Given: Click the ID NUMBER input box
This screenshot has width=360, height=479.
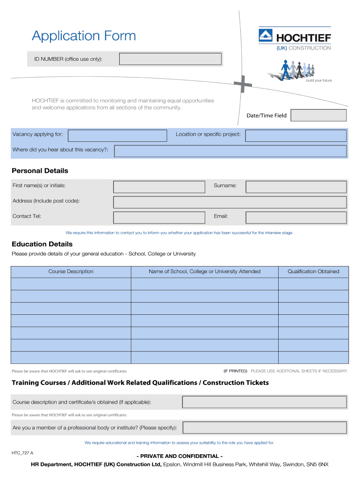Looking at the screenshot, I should (x=170, y=59).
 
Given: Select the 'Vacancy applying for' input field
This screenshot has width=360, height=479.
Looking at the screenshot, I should (x=117, y=136).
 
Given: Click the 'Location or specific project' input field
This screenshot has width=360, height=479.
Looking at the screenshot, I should (x=296, y=136).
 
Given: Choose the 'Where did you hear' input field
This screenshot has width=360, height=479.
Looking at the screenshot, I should (x=230, y=151).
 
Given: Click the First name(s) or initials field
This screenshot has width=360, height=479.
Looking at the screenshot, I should (x=159, y=187).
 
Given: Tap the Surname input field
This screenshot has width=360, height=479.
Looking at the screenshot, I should (x=296, y=187).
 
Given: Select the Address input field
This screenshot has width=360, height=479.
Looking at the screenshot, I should (x=230, y=203).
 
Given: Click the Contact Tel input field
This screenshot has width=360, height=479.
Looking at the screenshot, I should (x=159, y=218).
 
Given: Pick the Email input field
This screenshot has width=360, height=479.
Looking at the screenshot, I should (x=296, y=218).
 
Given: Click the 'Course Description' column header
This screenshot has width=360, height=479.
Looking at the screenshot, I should (x=71, y=272).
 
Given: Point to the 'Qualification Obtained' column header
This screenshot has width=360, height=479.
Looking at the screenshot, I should (x=313, y=272).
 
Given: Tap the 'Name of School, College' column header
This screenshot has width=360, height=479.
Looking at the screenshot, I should (x=204, y=272).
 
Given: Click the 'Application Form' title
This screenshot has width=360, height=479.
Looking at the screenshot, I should (x=84, y=36).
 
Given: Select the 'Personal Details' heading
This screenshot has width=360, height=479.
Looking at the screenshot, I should (x=40, y=171).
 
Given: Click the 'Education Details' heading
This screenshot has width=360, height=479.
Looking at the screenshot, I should (x=42, y=244).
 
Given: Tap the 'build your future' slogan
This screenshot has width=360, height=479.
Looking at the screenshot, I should (x=319, y=80).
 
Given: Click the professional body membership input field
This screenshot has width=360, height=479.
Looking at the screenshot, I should (x=265, y=428).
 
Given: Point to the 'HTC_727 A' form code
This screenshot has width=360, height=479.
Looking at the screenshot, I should (x=22, y=453).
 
